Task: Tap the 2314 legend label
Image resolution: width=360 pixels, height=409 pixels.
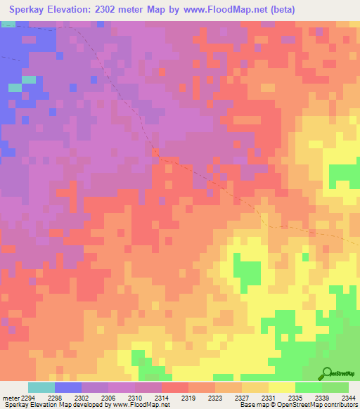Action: (x=161, y=397)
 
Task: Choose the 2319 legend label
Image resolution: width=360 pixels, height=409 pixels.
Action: (x=188, y=397)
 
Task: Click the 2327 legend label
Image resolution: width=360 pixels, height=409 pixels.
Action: (x=241, y=397)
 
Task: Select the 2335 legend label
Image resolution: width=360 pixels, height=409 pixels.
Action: (x=295, y=397)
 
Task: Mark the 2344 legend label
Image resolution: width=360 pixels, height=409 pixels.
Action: (x=348, y=397)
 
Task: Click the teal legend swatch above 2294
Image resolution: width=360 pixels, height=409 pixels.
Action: (x=41, y=387)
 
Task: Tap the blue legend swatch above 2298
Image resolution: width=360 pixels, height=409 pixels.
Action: (x=68, y=387)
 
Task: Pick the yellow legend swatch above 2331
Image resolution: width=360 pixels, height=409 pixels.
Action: (x=281, y=387)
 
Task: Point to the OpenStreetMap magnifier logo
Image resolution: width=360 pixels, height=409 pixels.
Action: (x=326, y=373)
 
